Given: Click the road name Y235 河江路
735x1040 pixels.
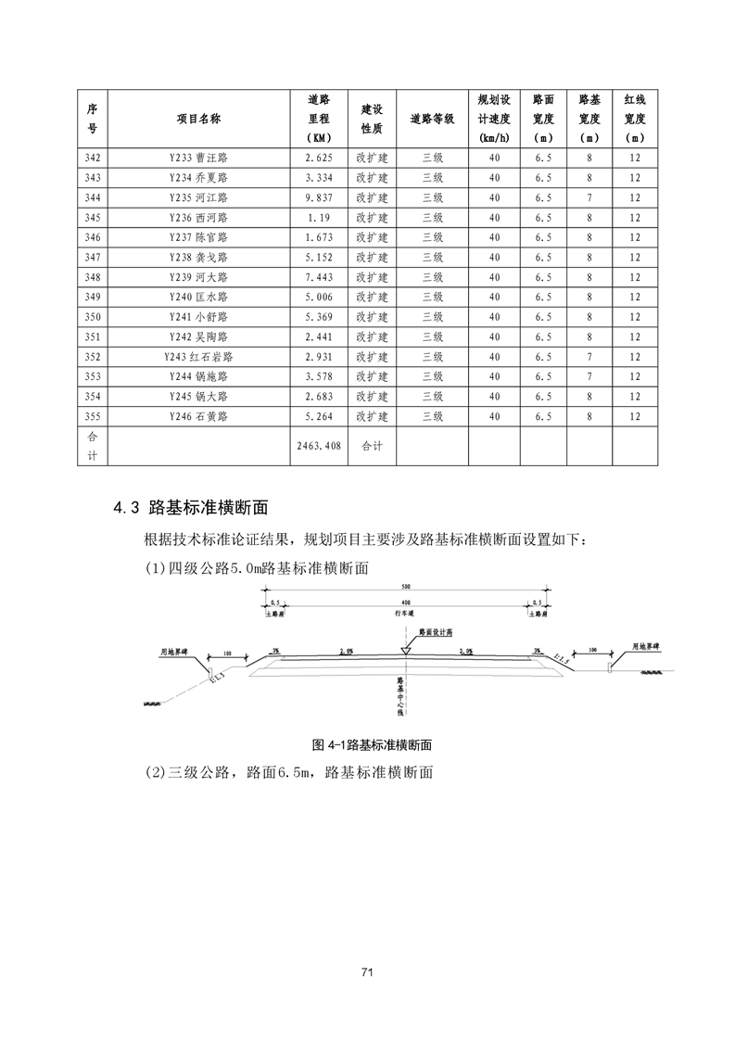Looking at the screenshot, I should coord(198,197).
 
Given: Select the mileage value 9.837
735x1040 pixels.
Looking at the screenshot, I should coord(318,197).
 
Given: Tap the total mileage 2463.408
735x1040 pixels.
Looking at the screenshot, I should coord(318,446).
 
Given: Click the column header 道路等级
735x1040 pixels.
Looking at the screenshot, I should coord(432,119).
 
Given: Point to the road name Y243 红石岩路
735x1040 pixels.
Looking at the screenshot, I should coord(198,357).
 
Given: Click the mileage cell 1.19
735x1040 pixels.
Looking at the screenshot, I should coord(318,218).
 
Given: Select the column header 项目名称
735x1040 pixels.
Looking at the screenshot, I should coord(198,119).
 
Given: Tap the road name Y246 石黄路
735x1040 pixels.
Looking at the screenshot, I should coord(198,417).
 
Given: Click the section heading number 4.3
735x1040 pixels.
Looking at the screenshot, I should coord(125,507).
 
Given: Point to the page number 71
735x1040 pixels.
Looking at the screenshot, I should coord(367,972).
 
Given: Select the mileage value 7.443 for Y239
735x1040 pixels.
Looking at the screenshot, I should coord(318,277).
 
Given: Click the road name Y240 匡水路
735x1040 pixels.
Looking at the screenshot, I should coord(198,298).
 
